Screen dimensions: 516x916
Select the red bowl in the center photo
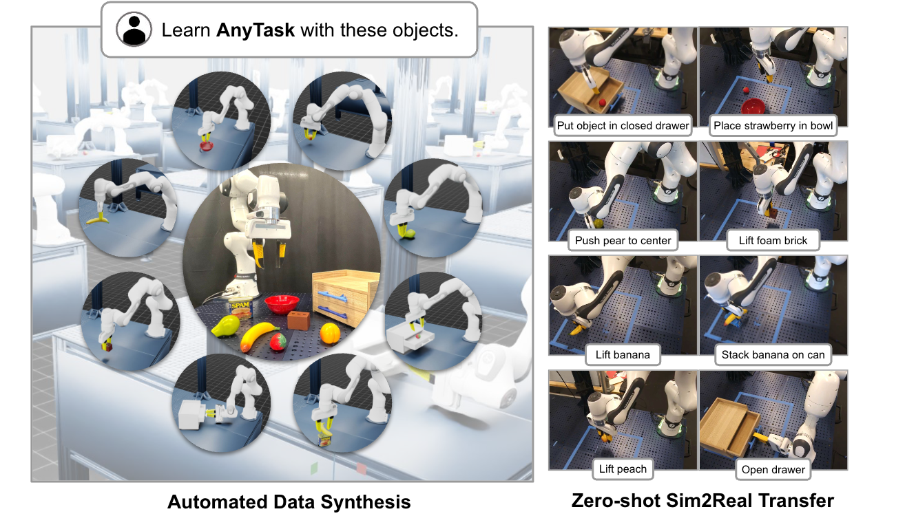point(281,303)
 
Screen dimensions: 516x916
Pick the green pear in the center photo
point(222,327)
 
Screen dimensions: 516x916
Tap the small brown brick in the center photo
point(298,320)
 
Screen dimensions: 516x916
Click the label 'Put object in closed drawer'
point(623,125)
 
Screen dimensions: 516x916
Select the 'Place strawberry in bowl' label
point(773,125)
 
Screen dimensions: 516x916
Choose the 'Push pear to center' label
point(623,241)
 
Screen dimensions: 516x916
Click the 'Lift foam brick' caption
point(773,241)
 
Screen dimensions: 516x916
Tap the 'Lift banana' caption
point(623,355)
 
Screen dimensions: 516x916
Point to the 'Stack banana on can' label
point(773,355)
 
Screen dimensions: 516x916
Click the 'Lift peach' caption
point(623,469)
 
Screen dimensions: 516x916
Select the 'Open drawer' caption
point(773,470)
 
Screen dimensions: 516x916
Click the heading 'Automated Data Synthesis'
point(289,502)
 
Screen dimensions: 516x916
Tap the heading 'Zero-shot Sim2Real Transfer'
point(702,500)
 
